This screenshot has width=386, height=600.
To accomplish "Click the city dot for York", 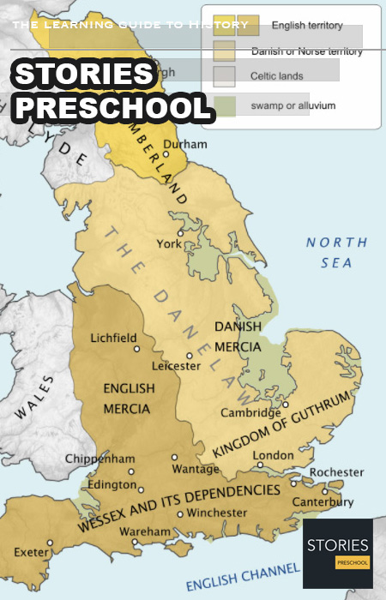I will tap(179, 232).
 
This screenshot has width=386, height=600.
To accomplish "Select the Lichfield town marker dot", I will tap(136, 348).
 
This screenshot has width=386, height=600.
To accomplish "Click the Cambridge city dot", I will tap(286, 405).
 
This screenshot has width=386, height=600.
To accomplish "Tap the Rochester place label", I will tap(335, 471).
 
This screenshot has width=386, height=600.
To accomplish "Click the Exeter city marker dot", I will tap(50, 542).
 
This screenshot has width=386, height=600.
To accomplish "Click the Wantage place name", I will tap(196, 469).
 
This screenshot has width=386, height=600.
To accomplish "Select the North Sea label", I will tap(336, 253).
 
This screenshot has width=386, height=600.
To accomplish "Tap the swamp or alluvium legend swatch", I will tap(224, 106).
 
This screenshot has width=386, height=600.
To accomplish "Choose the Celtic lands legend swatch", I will tap(224, 76).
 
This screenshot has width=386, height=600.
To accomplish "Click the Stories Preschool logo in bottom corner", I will tap(337, 553).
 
